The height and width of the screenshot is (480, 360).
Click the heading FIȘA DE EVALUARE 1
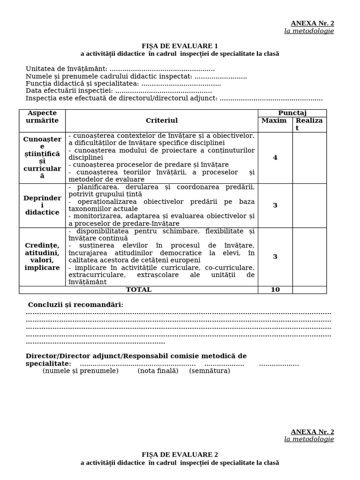pos(180,46)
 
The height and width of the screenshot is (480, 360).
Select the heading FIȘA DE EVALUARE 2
pos(180,455)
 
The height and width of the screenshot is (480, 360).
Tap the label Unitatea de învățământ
pos(67,69)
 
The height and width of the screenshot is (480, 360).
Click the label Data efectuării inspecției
pos(69,90)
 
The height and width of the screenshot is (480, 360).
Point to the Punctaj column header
pos(292,113)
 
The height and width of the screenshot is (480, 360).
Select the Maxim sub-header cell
pos(274,121)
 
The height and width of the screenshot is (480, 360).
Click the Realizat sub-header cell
pos(309,124)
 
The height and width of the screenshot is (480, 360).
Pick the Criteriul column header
pos(162,120)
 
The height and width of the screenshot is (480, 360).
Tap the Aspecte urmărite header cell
pos(42,117)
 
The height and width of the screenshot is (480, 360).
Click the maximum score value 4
pos(275,157)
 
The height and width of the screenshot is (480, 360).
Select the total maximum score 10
pos(275,290)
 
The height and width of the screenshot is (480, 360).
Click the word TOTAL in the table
pos(139,290)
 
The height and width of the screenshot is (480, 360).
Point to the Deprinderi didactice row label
pos(42,205)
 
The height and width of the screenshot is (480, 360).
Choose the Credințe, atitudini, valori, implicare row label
pos(42,256)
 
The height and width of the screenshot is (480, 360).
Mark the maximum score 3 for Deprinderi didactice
pos(275,205)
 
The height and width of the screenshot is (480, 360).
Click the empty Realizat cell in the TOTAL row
pos(309,290)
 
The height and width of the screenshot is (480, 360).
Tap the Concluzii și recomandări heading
pos(75,305)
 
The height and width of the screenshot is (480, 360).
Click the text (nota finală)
pos(158,371)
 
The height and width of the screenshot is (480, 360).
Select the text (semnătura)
pos(210,371)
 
